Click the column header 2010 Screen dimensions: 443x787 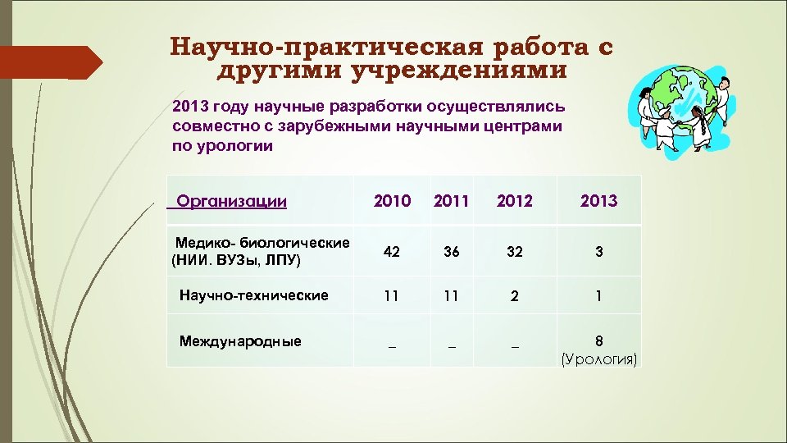[x=392, y=201]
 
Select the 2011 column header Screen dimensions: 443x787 [x=451, y=201]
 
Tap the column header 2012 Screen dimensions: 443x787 [x=514, y=201]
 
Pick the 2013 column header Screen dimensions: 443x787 [x=598, y=201]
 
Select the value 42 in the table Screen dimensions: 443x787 [x=392, y=253]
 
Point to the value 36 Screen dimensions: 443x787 [x=451, y=253]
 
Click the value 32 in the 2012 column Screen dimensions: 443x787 [x=514, y=253]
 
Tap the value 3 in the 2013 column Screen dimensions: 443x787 [x=599, y=253]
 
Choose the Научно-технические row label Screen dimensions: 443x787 [x=253, y=295]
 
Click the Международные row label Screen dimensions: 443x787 [x=240, y=341]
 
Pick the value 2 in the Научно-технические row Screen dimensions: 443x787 [x=514, y=297]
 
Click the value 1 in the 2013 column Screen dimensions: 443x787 [x=599, y=297]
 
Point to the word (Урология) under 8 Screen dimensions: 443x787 [x=599, y=359]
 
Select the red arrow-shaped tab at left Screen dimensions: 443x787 [x=49, y=62]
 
